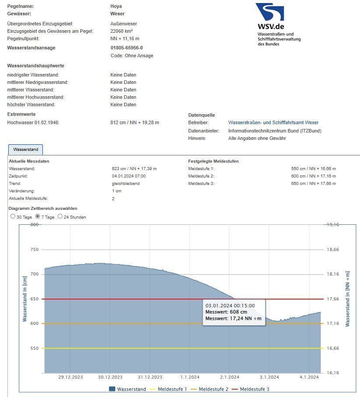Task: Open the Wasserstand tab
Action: pyautogui.click(x=25, y=150)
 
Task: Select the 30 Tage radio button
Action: pyautogui.click(x=13, y=216)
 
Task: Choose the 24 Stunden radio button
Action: pyautogui.click(x=60, y=216)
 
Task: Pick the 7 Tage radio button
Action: pyautogui.click(x=38, y=216)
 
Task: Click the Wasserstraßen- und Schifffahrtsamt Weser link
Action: pyautogui.click(x=273, y=123)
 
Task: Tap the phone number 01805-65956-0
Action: pyautogui.click(x=127, y=48)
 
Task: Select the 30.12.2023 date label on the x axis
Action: pyautogui.click(x=110, y=377)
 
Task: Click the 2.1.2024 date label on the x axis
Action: pyautogui.click(x=230, y=377)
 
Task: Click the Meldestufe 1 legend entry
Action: pyautogui.click(x=172, y=389)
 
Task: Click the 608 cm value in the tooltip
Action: pyautogui.click(x=238, y=312)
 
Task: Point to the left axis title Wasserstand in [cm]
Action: pyautogui.click(x=25, y=299)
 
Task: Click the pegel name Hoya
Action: pyautogui.click(x=116, y=7)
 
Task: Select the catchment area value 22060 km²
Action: pyautogui.click(x=122, y=31)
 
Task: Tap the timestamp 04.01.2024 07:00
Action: pyautogui.click(x=129, y=176)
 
